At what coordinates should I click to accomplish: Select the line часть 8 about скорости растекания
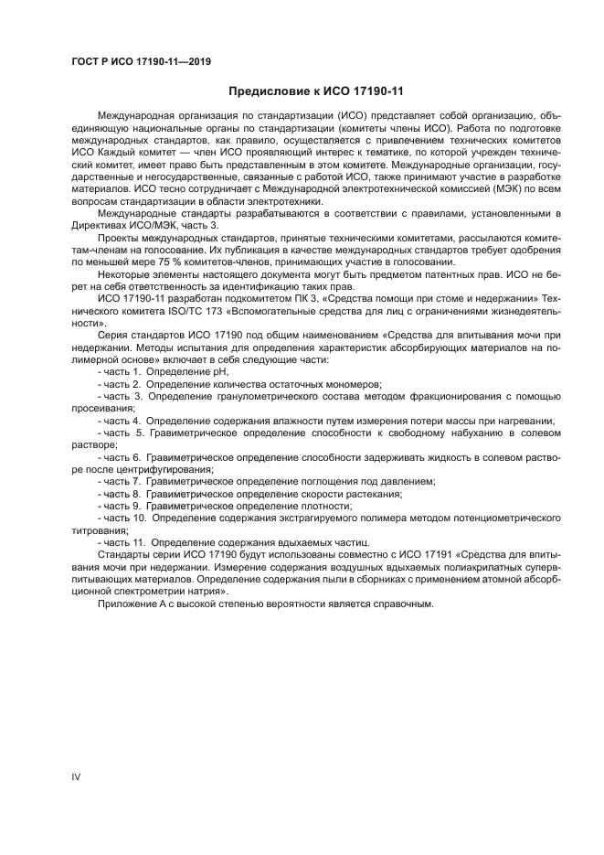tap(250, 493)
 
